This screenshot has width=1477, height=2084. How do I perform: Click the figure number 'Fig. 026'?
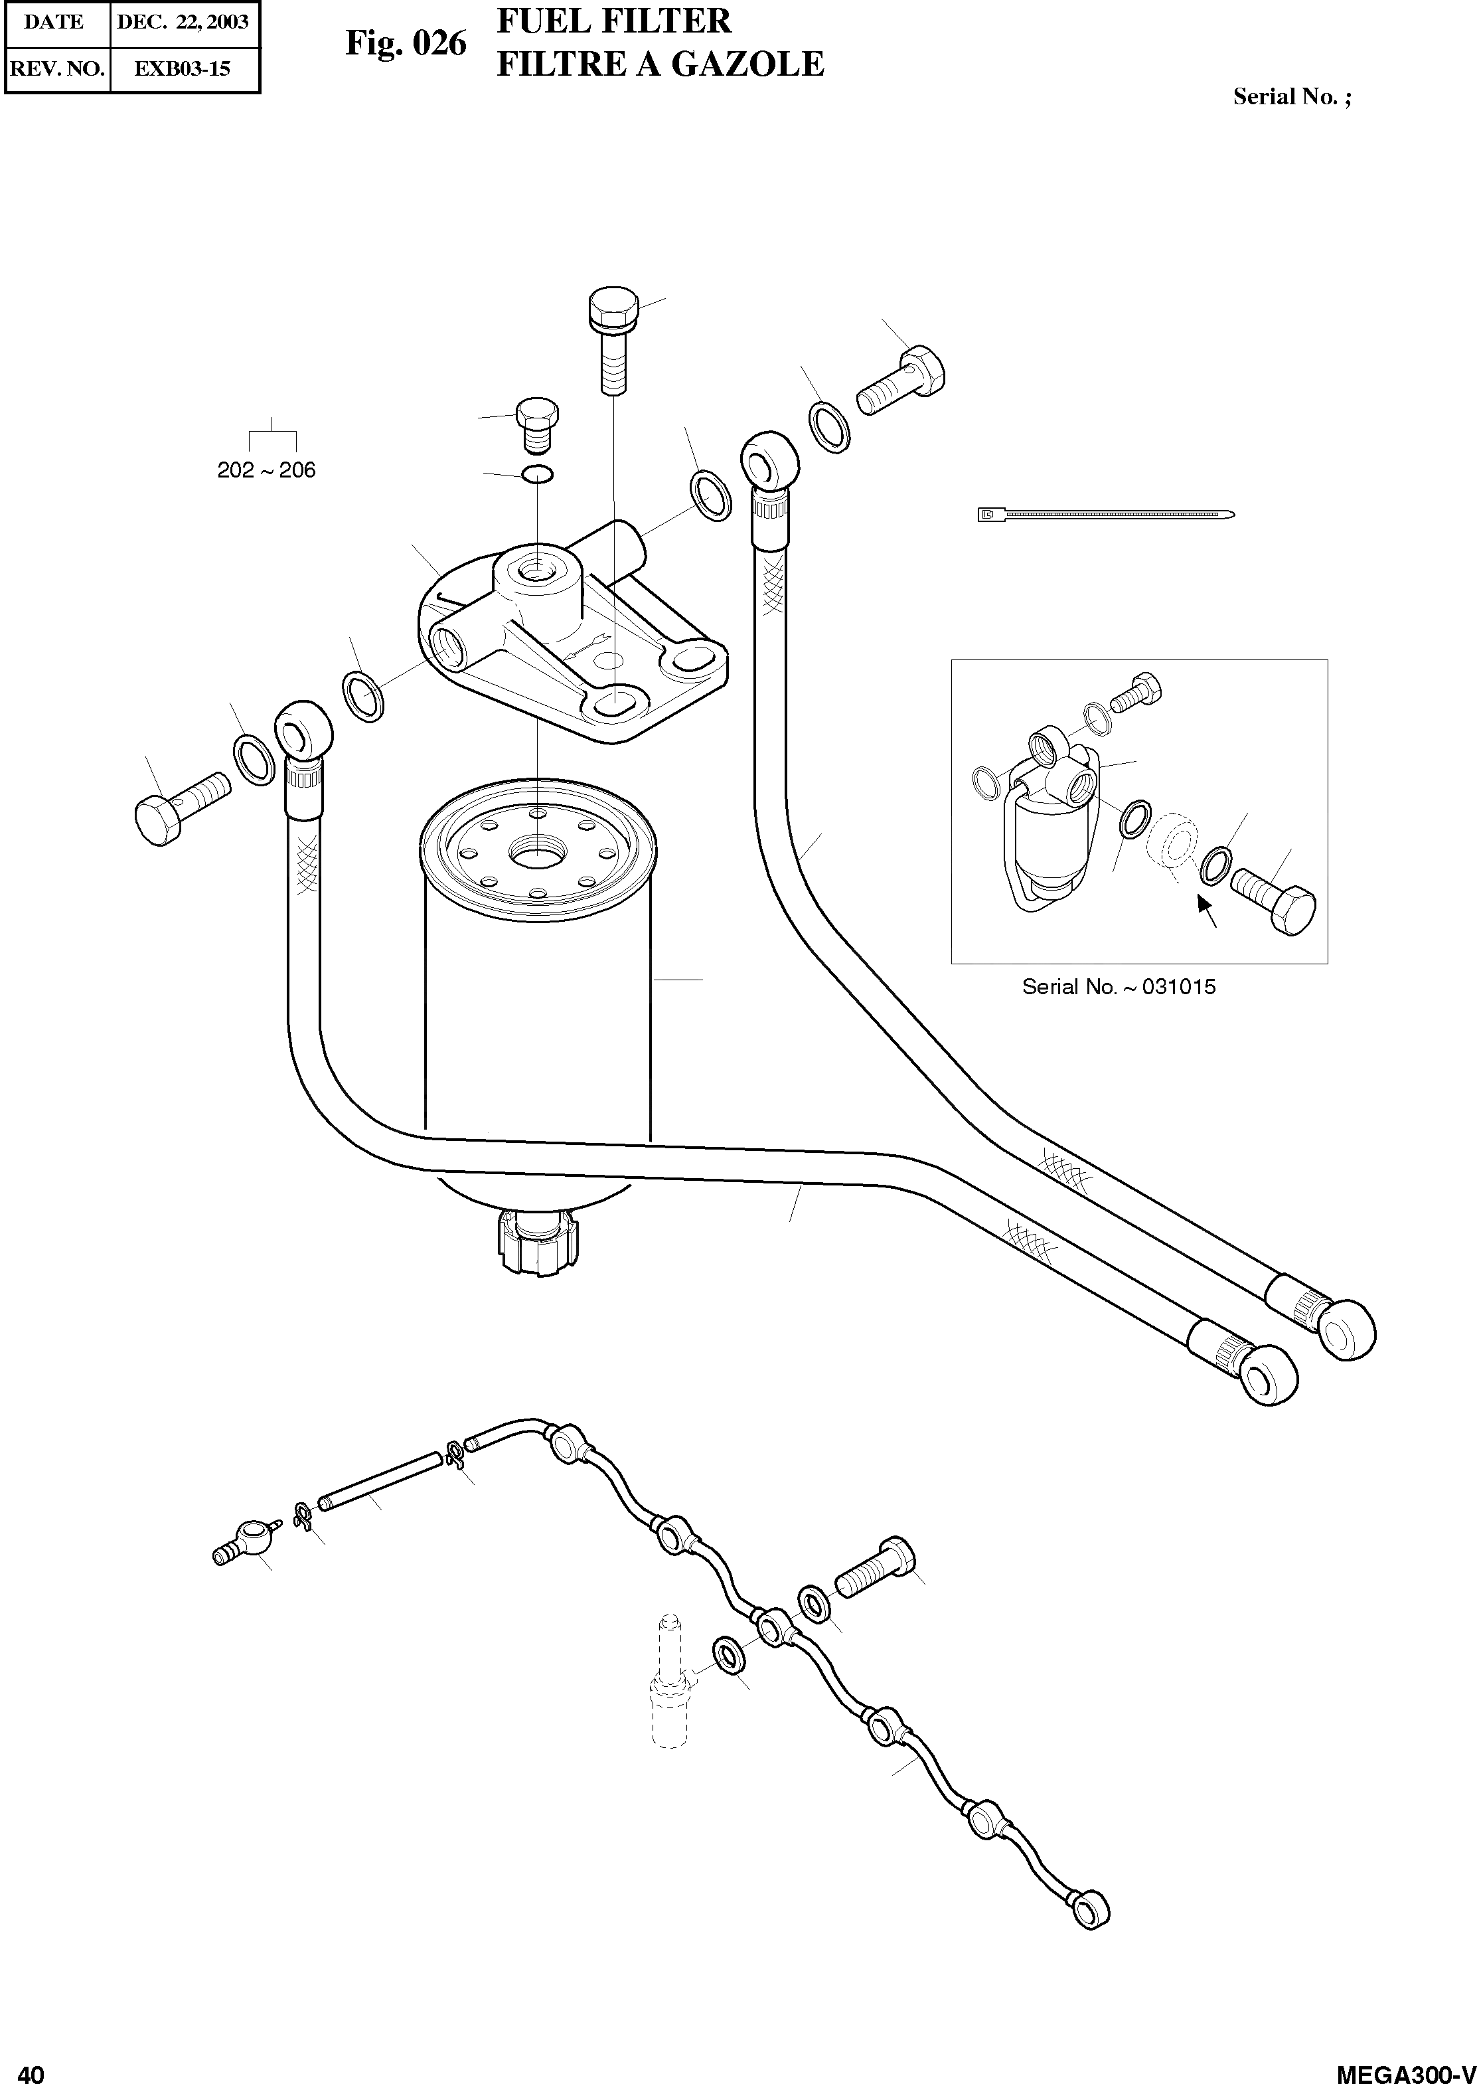pos(406,43)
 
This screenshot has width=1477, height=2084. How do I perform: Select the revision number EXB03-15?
pos(182,68)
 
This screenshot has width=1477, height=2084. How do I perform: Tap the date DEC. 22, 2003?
pos(183,22)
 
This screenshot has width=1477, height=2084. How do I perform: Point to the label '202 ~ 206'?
pos(266,470)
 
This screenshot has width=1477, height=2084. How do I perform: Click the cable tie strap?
pos(1105,515)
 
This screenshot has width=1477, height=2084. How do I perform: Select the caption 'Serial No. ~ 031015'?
pos(1118,987)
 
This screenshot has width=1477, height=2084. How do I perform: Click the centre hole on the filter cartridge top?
pos(536,852)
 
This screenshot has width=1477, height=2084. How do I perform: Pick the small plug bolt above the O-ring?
pos(536,423)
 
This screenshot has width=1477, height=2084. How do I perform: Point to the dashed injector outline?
pos(669,1682)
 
